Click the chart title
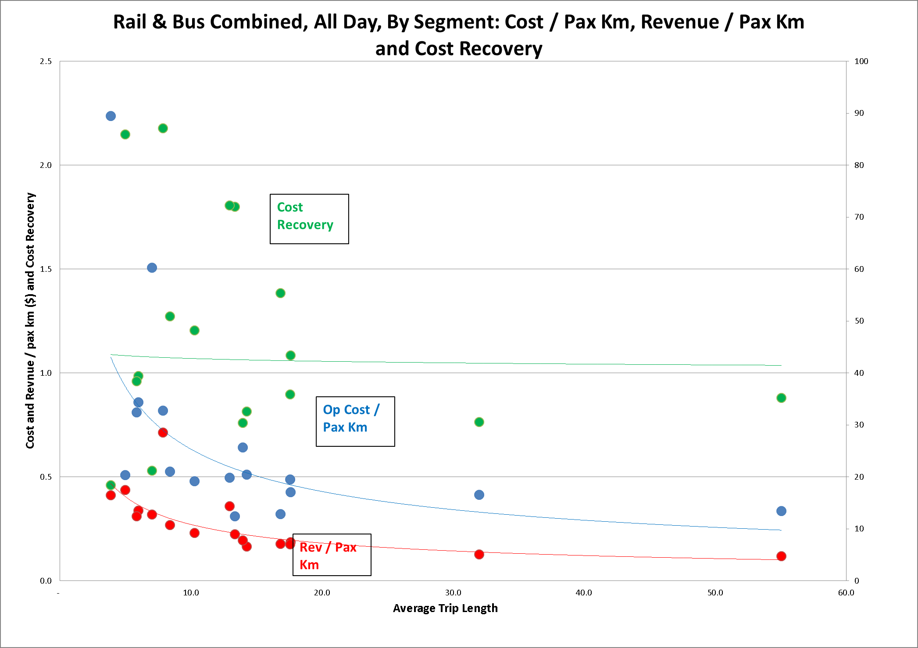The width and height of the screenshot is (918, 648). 459,35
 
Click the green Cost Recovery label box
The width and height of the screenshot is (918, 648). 309,219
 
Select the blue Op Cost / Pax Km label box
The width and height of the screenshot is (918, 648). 355,421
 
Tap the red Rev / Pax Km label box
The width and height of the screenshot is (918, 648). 332,555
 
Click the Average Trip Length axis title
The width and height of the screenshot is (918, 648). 445,608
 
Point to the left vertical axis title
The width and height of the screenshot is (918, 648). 30,320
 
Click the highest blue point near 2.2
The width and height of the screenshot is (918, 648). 111,116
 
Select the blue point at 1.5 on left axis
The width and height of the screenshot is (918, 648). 152,267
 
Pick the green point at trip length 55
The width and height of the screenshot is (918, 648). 781,398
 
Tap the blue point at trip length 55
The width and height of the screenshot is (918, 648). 781,511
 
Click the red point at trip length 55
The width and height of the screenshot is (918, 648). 781,556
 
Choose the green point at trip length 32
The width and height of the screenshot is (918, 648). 479,422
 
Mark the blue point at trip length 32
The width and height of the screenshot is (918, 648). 479,495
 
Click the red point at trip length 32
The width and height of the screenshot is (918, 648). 479,554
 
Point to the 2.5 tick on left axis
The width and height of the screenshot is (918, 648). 46,61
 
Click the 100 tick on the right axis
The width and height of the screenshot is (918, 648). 861,61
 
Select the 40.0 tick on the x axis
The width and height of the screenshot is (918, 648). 583,593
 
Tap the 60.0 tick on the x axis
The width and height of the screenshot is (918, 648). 846,593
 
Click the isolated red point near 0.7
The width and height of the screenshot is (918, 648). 163,432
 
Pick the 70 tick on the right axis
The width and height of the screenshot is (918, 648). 859,217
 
